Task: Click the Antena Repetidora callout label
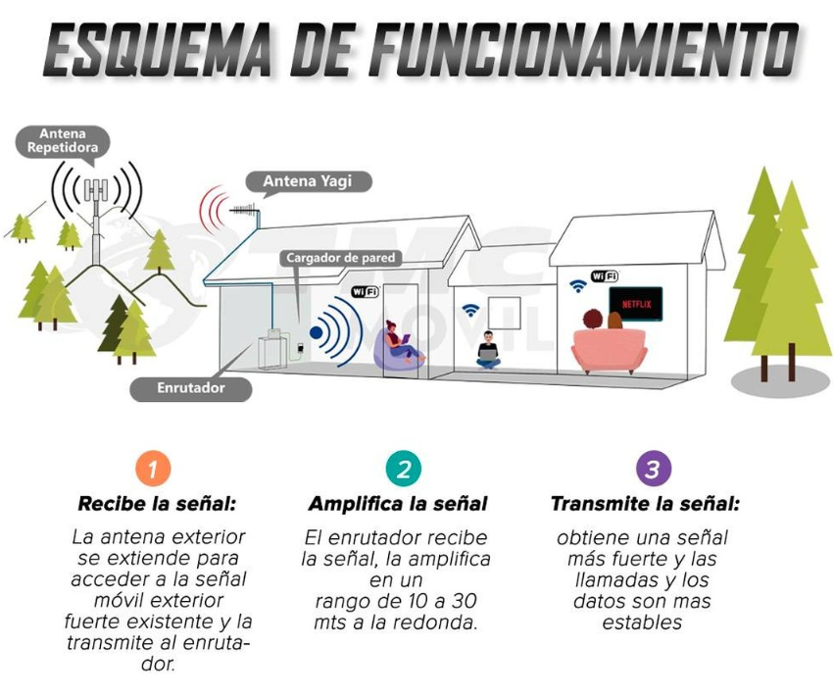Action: (62, 141)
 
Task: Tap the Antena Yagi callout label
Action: (308, 181)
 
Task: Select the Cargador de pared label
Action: (340, 258)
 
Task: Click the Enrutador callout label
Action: (191, 388)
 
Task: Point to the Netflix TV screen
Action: (636, 304)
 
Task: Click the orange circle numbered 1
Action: (153, 469)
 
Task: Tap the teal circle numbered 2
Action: (403, 469)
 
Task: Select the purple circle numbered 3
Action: (653, 469)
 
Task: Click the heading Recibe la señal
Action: (157, 504)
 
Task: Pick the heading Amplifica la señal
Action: (398, 504)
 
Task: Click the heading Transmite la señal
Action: (645, 504)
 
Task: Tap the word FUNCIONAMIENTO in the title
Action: (583, 49)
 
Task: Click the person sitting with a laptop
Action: (488, 350)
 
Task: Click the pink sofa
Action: (610, 350)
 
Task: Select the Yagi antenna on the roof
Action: (246, 209)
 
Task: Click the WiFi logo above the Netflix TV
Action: (605, 275)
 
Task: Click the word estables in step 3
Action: (642, 622)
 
